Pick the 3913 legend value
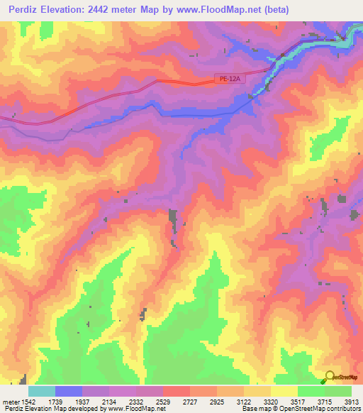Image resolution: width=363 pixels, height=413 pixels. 352,401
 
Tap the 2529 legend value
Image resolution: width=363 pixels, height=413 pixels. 162,401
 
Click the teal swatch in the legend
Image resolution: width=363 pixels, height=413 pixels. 42,391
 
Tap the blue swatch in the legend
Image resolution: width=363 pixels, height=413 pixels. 69,391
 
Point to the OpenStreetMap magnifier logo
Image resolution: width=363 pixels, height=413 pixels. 330,376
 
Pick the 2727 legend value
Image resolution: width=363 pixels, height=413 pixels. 189,401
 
